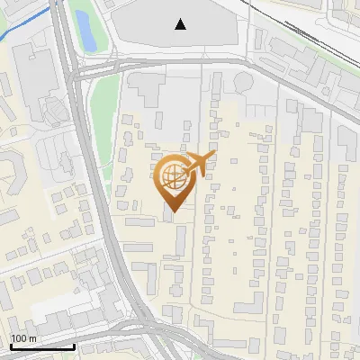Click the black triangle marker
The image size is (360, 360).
(181, 24)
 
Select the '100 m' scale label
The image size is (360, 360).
(24, 338)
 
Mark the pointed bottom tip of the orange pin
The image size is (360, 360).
(172, 211)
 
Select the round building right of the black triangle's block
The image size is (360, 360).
(244, 84)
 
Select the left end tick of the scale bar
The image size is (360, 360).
(10, 344)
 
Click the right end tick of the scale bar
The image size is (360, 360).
(75, 344)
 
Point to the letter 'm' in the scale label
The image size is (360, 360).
(32, 338)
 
